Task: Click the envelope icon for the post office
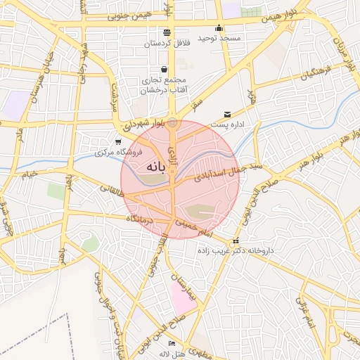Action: click(227, 114)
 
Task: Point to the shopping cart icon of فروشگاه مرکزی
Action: click(117, 142)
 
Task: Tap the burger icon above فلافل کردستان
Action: click(167, 32)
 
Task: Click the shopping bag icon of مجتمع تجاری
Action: click(165, 70)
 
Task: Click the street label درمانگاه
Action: click(139, 219)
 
